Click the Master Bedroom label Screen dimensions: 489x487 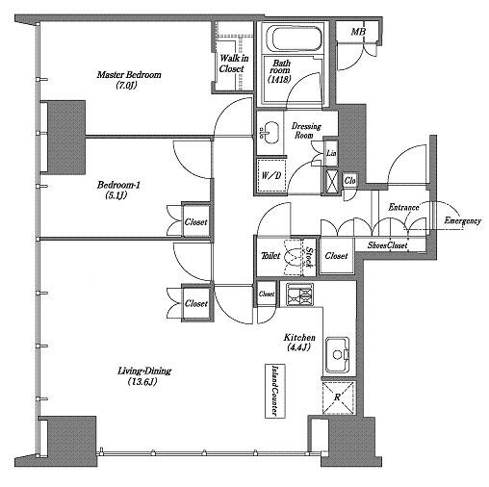(x=129, y=80)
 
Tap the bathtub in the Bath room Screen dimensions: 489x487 (x=296, y=39)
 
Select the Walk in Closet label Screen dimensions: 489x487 (x=234, y=64)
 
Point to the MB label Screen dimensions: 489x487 (x=358, y=31)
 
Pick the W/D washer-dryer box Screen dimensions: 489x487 (x=271, y=175)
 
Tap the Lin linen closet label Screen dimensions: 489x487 (x=331, y=153)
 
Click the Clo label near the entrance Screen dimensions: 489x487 (x=349, y=181)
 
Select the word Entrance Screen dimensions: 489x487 (x=403, y=208)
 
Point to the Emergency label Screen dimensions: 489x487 (x=462, y=221)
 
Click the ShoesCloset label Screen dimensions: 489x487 (x=387, y=245)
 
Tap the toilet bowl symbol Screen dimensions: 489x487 (x=294, y=257)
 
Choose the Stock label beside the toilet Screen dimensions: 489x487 (x=309, y=257)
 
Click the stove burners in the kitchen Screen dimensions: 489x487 (x=299, y=295)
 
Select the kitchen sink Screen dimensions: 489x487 (x=337, y=355)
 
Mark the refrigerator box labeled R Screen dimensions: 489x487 (x=338, y=397)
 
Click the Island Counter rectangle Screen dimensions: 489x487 (x=275, y=391)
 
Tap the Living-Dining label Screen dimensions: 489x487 (x=144, y=376)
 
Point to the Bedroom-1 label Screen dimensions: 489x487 (x=118, y=190)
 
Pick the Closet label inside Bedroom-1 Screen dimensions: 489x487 (x=195, y=222)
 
